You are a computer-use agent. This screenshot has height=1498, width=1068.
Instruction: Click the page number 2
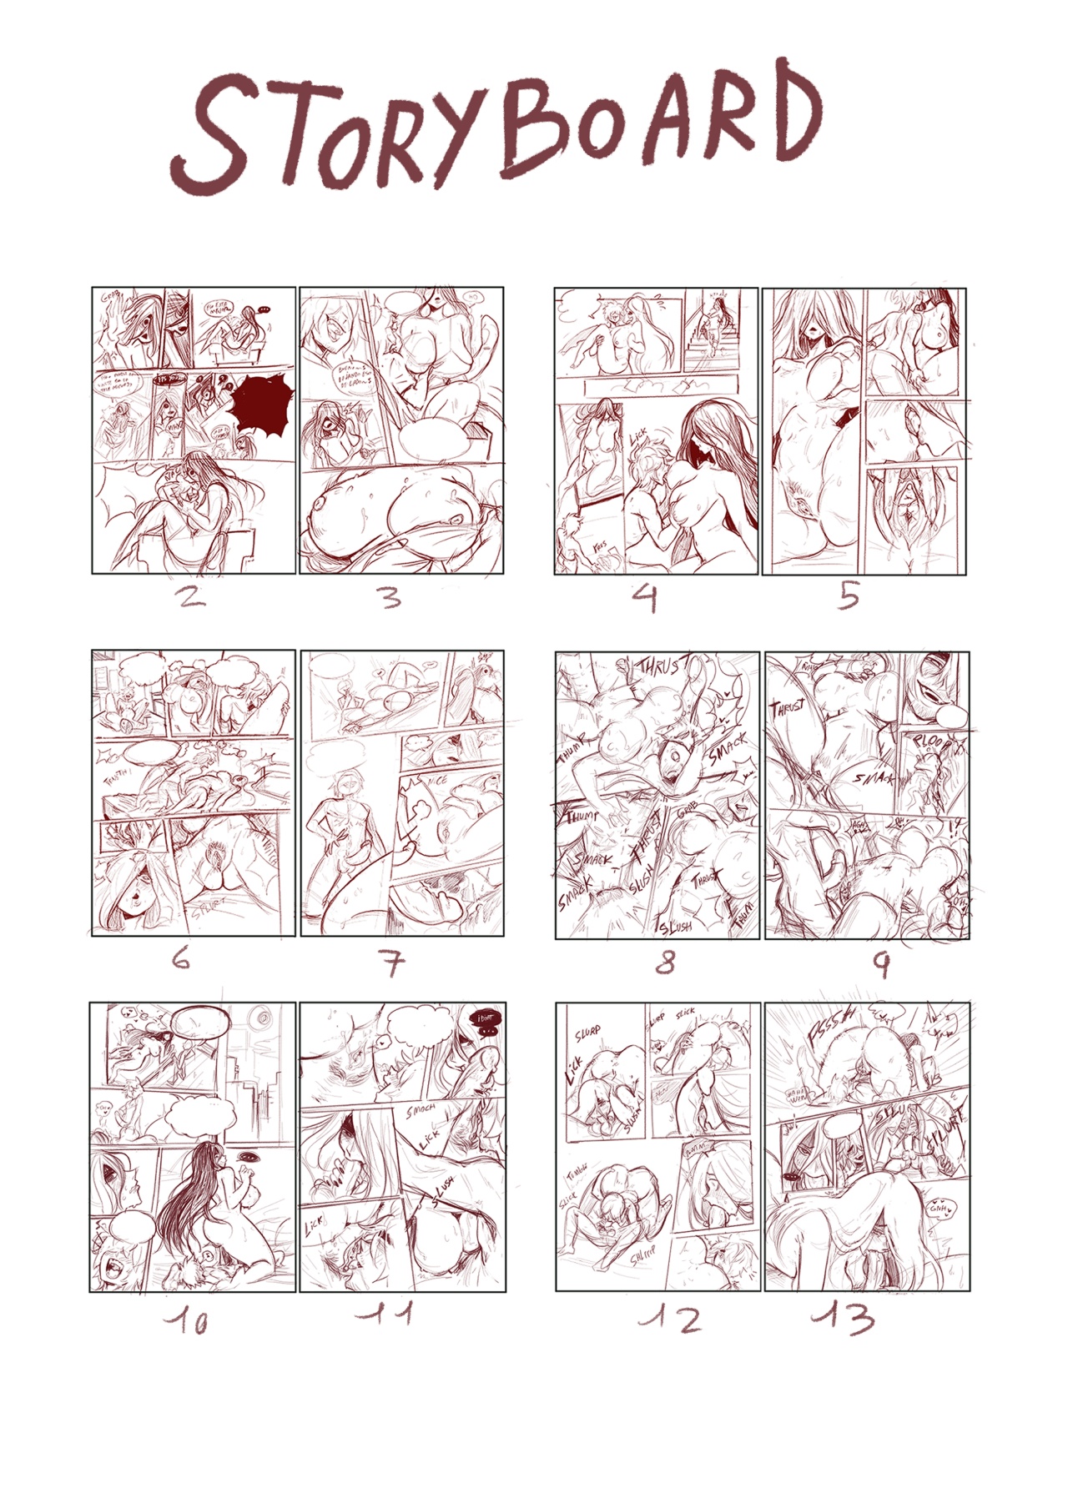tap(191, 596)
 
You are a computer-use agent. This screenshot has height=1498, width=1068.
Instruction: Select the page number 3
tap(391, 597)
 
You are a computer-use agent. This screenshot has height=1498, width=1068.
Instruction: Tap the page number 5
tap(849, 596)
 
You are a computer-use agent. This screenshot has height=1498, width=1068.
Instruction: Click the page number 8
tap(665, 963)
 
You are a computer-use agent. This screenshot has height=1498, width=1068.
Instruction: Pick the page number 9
tap(881, 964)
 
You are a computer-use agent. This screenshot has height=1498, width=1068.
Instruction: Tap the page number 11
tap(385, 1316)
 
